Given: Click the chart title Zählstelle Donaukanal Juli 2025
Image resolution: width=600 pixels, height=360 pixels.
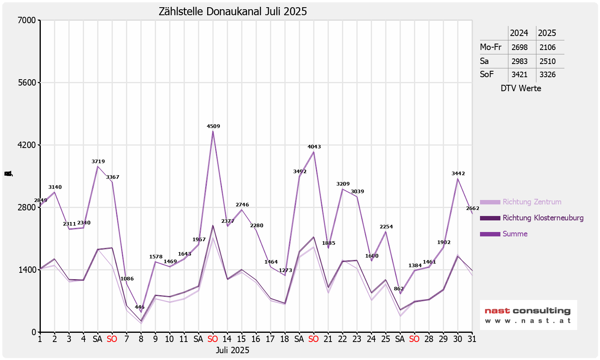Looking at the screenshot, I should click(x=233, y=12).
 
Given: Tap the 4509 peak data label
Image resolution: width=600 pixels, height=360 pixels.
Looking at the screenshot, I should click(x=213, y=126).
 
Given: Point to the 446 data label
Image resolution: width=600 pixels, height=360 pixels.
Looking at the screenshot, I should click(x=140, y=307).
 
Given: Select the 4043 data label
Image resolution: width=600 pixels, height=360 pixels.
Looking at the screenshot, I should click(x=314, y=147).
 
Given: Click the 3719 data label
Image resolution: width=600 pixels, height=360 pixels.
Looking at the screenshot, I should click(x=98, y=162).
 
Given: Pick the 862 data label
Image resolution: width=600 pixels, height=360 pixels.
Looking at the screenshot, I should click(x=399, y=289).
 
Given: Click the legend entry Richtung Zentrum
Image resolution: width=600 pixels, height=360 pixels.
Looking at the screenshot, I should click(x=532, y=202).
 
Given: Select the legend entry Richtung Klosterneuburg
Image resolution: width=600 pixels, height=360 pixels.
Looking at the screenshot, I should click(x=543, y=218).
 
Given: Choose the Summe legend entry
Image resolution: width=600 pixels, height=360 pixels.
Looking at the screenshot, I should click(x=515, y=234).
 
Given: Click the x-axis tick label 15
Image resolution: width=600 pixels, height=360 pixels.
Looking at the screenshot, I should click(x=241, y=339).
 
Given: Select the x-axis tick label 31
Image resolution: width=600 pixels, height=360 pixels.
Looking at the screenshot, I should click(x=472, y=339).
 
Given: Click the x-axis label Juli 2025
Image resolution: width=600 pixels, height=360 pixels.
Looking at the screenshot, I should click(x=232, y=350).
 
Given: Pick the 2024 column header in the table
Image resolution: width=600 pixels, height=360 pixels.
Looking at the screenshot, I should click(x=519, y=33).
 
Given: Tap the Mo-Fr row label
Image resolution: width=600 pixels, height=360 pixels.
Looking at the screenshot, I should click(x=491, y=47).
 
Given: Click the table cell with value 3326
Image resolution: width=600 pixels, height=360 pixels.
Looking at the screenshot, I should click(x=547, y=74).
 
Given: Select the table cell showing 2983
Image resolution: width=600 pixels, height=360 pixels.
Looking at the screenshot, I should click(x=519, y=61).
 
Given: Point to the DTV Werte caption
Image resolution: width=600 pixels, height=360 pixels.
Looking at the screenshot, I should click(x=521, y=88).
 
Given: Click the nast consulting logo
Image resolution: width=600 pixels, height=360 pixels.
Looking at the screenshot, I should click(x=528, y=315).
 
